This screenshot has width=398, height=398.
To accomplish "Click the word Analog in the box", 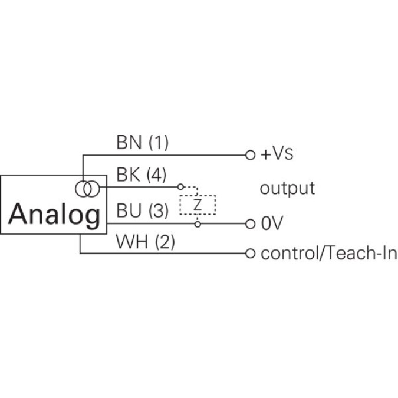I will (x=54, y=215).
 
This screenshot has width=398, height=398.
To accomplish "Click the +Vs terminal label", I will (x=277, y=155).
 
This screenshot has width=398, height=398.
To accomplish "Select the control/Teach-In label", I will (x=328, y=254).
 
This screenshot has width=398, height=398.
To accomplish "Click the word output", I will (x=287, y=189).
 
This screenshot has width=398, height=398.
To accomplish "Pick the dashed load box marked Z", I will (x=198, y=203).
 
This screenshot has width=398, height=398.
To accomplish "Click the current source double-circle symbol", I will (x=87, y=189).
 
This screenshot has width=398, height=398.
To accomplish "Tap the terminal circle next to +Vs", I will (x=250, y=155).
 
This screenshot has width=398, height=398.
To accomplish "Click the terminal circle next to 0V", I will (x=250, y=224).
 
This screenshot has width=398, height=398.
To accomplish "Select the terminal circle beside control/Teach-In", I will (x=250, y=254).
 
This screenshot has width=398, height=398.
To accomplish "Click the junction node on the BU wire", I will (x=198, y=224).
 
